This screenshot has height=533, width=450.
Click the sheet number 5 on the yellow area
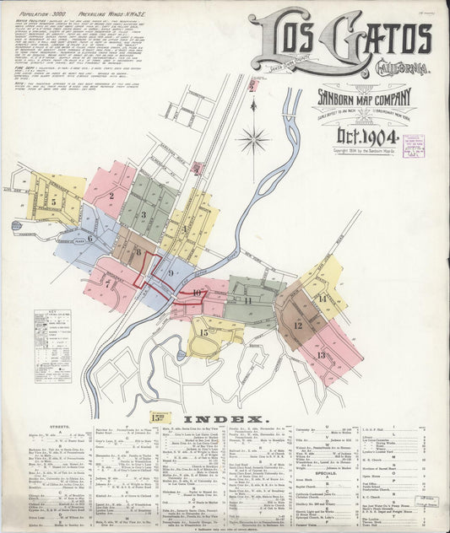[53, 202]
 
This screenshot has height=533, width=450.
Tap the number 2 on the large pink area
[111, 197]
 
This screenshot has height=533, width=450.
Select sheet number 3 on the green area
[144, 215]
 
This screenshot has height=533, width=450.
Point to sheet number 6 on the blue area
[89, 239]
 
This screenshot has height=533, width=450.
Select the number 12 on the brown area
[297, 325]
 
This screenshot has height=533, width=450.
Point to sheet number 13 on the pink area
[321, 354]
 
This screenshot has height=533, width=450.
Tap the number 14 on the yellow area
[322, 298]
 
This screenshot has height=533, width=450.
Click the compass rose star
[253, 139]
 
